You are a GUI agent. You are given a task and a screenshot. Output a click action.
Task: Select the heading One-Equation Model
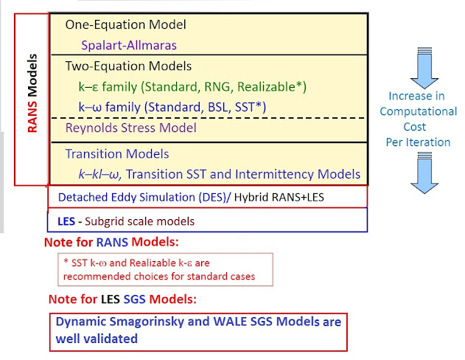tap(125, 24)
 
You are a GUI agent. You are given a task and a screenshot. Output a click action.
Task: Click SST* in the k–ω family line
tap(251, 107)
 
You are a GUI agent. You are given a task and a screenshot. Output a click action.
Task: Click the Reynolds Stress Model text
tap(131, 128)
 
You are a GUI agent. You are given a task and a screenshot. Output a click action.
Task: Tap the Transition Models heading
tap(117, 154)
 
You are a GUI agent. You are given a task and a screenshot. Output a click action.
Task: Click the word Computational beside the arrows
tap(419, 111)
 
